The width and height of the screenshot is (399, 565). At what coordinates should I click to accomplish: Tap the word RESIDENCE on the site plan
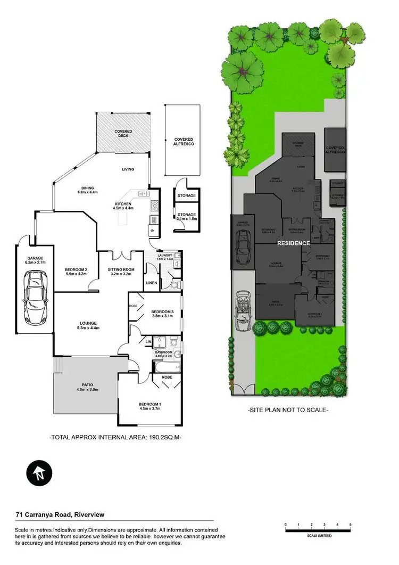tap(293, 243)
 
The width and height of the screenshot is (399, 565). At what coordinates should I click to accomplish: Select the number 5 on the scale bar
tap(351, 525)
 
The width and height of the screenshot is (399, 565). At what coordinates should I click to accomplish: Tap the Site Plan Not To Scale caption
tap(289, 410)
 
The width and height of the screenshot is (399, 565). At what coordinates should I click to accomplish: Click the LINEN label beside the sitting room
tap(151, 282)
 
